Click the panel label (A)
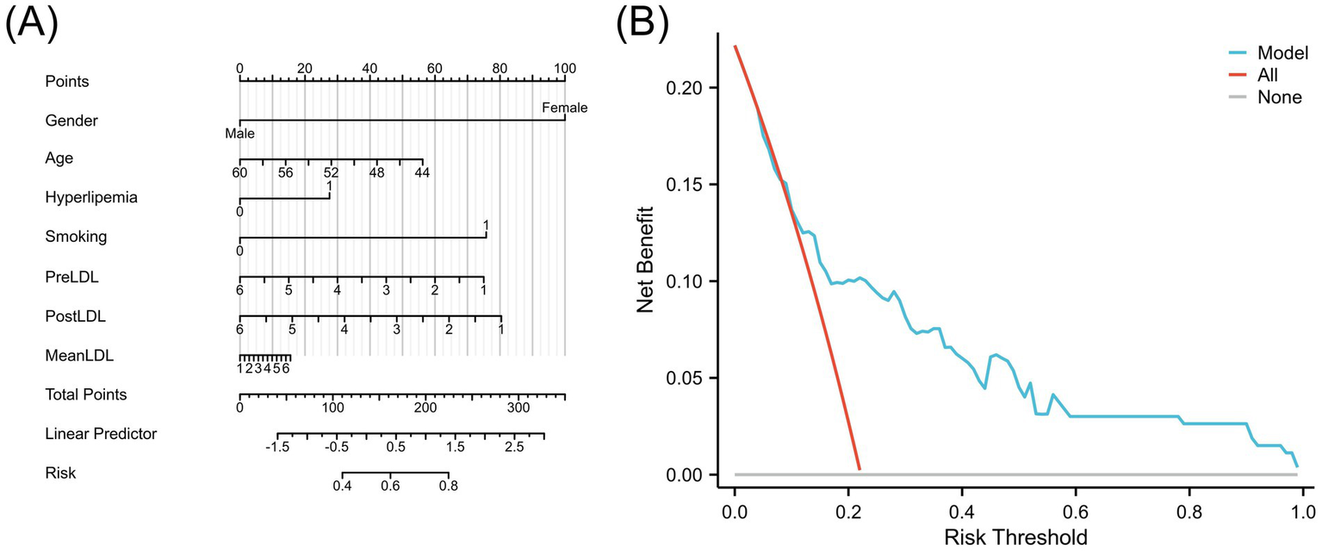coord(33,26)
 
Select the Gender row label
coord(71,121)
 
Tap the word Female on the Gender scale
coord(564,108)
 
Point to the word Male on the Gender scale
coord(239,133)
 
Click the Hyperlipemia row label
coord(91,197)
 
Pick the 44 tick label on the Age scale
coord(422,173)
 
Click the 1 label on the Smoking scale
coord(486,226)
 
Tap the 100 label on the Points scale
coord(564,68)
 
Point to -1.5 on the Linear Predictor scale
coord(277,448)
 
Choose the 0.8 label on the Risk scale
coord(449,486)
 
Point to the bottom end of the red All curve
coord(859,469)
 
